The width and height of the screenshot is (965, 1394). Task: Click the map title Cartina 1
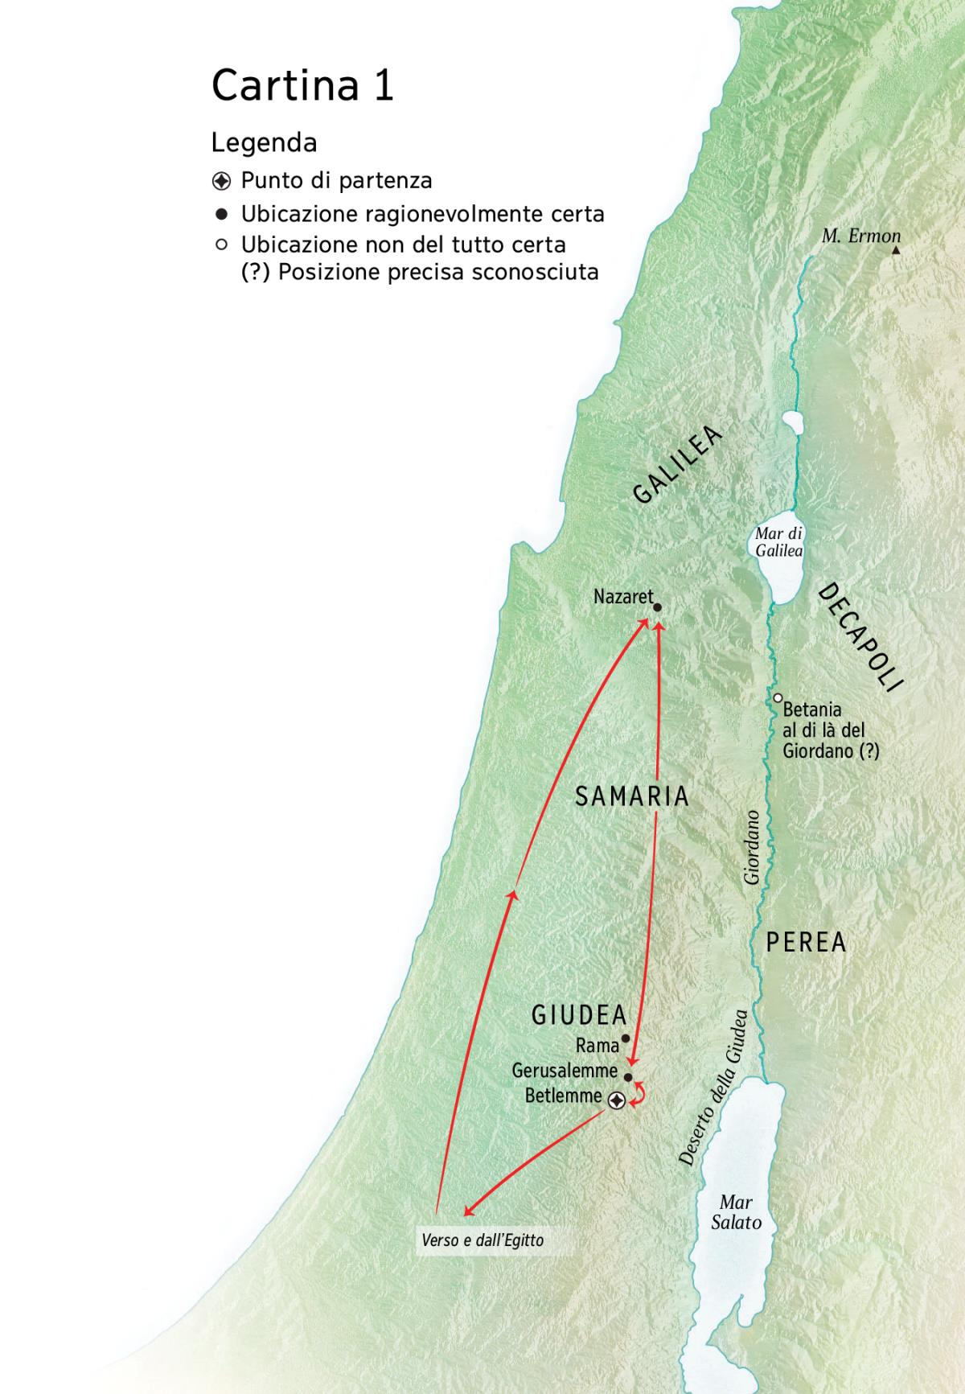pyautogui.click(x=302, y=85)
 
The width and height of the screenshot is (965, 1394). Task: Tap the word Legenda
pyautogui.click(x=264, y=143)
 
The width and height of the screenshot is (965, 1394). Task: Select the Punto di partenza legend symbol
pyautogui.click(x=222, y=181)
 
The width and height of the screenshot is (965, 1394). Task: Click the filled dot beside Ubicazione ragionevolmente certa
pyautogui.click(x=222, y=215)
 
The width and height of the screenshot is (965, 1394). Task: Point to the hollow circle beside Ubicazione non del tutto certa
pyautogui.click(x=222, y=245)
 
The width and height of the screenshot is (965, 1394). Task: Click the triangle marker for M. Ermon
pyautogui.click(x=896, y=251)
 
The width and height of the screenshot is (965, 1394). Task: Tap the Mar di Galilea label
pyautogui.click(x=778, y=542)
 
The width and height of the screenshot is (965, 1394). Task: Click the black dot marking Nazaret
pyautogui.click(x=657, y=608)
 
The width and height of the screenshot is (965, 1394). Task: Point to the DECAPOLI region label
pyautogui.click(x=860, y=637)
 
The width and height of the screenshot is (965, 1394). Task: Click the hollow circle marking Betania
pyautogui.click(x=778, y=698)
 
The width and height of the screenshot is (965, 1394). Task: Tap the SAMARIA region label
pyautogui.click(x=632, y=796)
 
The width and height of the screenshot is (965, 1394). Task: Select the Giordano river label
pyautogui.click(x=752, y=847)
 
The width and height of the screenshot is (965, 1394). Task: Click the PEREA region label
pyautogui.click(x=806, y=942)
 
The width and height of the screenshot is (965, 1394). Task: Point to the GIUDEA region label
pyautogui.click(x=579, y=1015)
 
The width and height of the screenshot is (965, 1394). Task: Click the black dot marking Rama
pyautogui.click(x=626, y=1038)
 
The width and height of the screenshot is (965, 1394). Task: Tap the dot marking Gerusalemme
pyautogui.click(x=628, y=1078)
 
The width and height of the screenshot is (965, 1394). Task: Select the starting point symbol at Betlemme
pyautogui.click(x=617, y=1100)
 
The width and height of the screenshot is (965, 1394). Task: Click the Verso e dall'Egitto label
pyautogui.click(x=482, y=1240)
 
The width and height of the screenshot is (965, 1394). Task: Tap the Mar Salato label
pyautogui.click(x=736, y=1212)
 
